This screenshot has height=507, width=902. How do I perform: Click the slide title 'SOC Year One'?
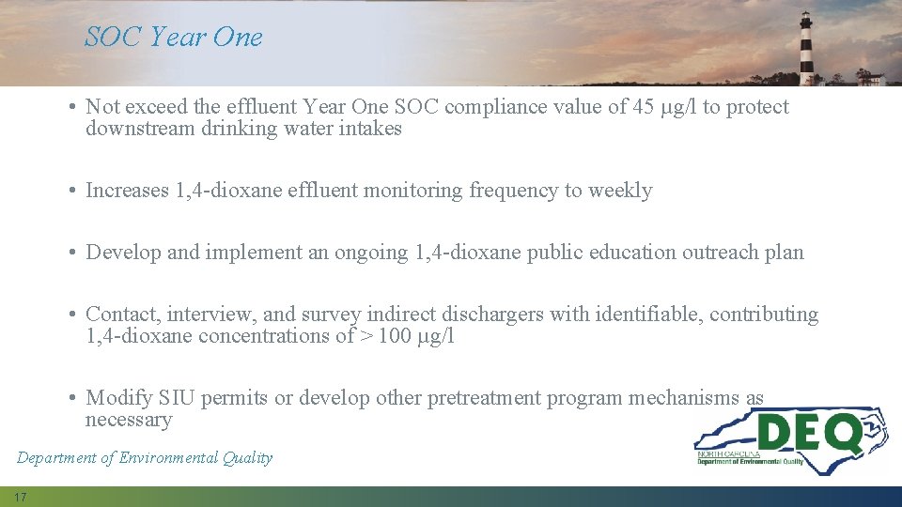click(174, 38)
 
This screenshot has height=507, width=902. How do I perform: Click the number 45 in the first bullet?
click(644, 107)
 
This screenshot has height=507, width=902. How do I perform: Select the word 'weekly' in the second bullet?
click(620, 191)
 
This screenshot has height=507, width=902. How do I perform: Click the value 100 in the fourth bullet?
click(395, 336)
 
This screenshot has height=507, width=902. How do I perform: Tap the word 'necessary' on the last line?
click(129, 420)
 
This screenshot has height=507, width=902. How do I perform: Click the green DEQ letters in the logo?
click(810, 434)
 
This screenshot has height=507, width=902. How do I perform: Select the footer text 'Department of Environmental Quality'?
click(145, 458)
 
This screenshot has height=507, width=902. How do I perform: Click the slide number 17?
click(21, 497)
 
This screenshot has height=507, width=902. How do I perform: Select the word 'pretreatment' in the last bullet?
click(485, 398)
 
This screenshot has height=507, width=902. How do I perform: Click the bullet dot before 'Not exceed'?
click(72, 108)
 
